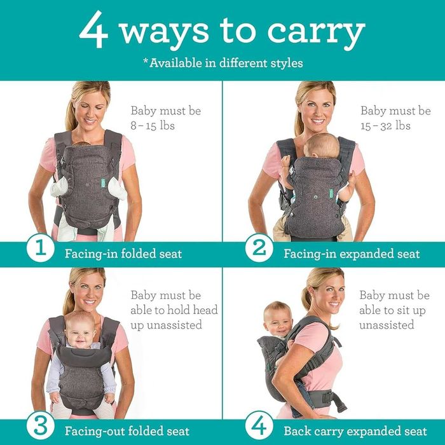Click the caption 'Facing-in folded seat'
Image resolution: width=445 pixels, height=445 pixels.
123,254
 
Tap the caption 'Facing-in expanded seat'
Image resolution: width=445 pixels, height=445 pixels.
352,254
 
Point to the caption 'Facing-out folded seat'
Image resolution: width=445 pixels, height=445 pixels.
127,431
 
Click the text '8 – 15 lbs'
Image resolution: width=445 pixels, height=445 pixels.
153,125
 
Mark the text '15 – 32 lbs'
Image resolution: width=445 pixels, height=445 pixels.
385,125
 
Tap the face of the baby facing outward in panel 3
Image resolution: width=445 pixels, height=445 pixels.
79,329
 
